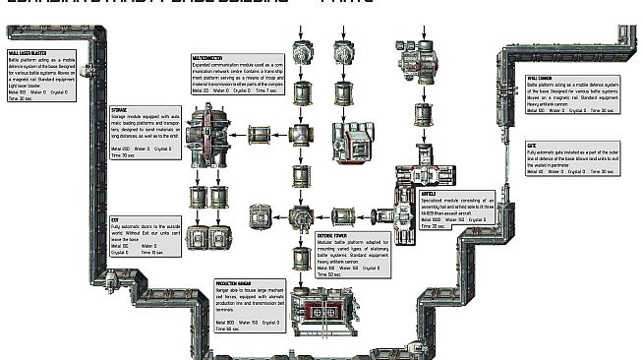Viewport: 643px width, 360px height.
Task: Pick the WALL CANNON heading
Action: [x=539, y=78]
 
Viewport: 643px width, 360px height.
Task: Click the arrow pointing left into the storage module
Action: [x=245, y=130]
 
